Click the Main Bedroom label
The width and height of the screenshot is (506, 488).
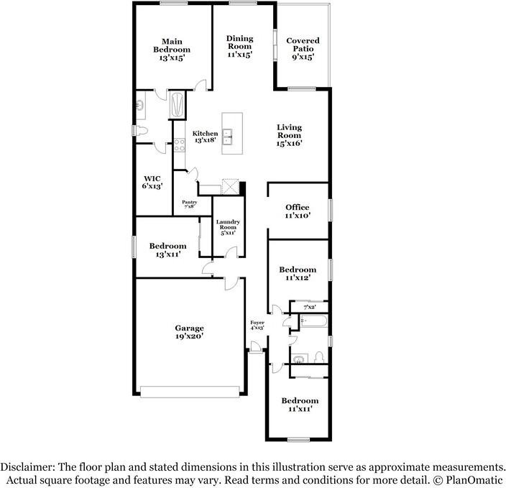[x=172, y=45]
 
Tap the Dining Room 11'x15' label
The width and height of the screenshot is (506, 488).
[x=240, y=47]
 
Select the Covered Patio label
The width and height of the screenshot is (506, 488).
[x=303, y=45]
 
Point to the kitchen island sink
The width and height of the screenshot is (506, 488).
[x=228, y=137]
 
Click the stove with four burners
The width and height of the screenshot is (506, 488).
[x=180, y=145]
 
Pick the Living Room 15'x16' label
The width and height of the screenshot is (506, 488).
[x=290, y=136]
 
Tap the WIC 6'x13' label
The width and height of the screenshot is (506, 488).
[x=152, y=183]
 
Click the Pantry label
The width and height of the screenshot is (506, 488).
[x=190, y=202]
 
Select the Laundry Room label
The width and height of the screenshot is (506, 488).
[x=228, y=224]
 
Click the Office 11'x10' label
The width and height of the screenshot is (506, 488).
[x=298, y=211]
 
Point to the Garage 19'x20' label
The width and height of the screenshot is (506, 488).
[x=190, y=332]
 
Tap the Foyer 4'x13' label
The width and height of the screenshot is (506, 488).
[x=257, y=325]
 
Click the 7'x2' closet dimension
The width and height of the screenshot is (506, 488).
[x=310, y=308]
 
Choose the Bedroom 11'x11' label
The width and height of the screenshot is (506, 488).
[x=300, y=405]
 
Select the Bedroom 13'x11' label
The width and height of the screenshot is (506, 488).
[x=167, y=250]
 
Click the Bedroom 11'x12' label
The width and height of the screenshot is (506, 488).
[x=298, y=273]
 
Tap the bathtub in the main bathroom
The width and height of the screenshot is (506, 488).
[x=178, y=105]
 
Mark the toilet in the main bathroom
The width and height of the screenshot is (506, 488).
[x=141, y=131]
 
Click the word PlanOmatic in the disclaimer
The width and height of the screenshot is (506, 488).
[x=474, y=479]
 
